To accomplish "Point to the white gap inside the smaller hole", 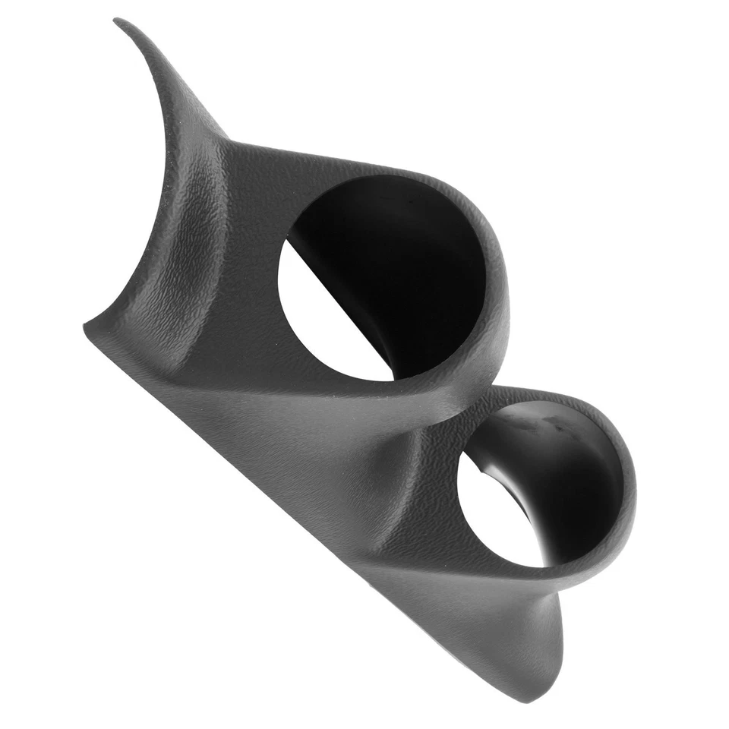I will point(497,516).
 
